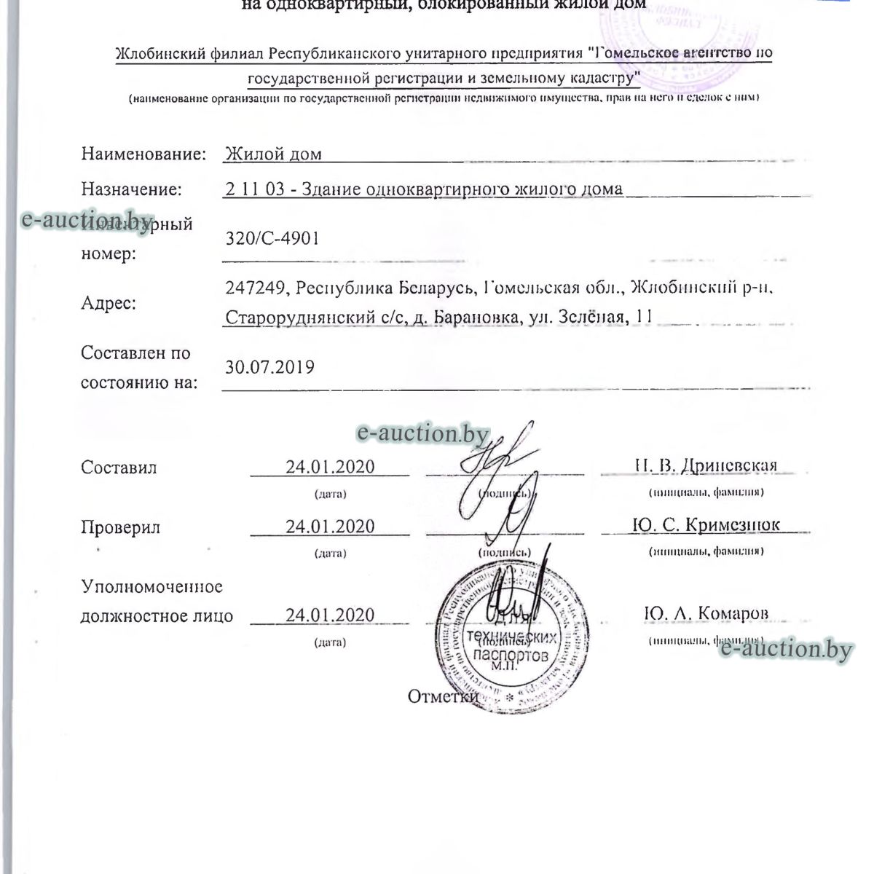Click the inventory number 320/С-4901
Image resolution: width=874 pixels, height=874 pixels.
click(x=272, y=238)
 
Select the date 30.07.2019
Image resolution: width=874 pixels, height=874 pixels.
click(x=269, y=366)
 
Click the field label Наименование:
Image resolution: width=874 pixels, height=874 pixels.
click(x=143, y=154)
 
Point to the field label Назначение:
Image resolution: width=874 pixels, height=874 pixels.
click(x=131, y=189)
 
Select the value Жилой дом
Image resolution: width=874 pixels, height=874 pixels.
click(x=273, y=154)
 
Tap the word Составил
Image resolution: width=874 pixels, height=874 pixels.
click(x=119, y=468)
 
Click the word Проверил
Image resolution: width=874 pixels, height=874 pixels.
click(x=120, y=527)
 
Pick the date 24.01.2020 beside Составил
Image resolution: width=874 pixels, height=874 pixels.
click(x=330, y=467)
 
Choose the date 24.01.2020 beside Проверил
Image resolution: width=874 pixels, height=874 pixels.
click(x=330, y=527)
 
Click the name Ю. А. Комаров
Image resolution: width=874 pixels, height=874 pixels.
click(x=706, y=614)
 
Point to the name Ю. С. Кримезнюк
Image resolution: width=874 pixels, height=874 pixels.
click(x=706, y=525)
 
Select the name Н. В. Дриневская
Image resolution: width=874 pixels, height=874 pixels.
click(x=706, y=465)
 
